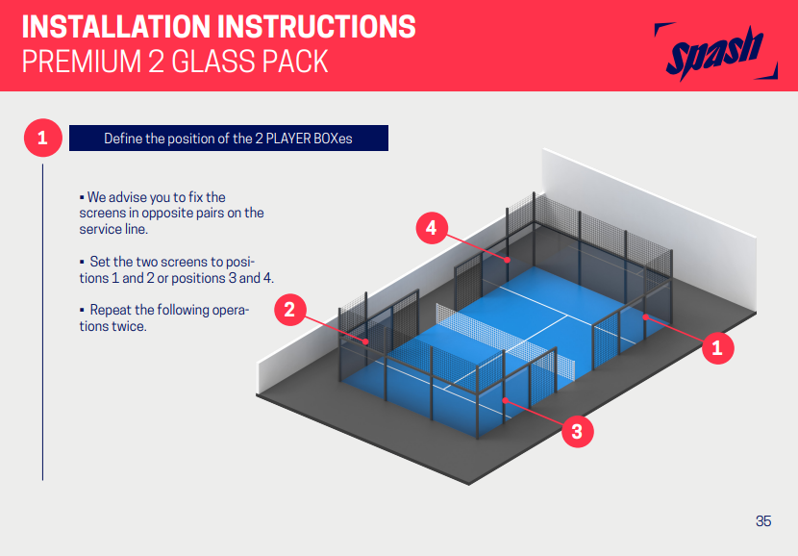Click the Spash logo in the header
tap(715, 52)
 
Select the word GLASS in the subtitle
tap(212, 62)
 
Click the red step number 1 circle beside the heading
tap(42, 138)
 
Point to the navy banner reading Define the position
tap(229, 138)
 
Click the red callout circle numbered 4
tap(432, 228)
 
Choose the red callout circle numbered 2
tap(289, 310)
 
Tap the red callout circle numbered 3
tap(577, 431)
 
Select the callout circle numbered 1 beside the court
tap(717, 348)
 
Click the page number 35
tap(763, 520)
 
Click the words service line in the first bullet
tap(113, 229)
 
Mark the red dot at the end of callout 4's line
tap(508, 260)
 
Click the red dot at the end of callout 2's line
tap(365, 341)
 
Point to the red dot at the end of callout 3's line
tap(505, 400)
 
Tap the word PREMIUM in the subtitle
tap(82, 62)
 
